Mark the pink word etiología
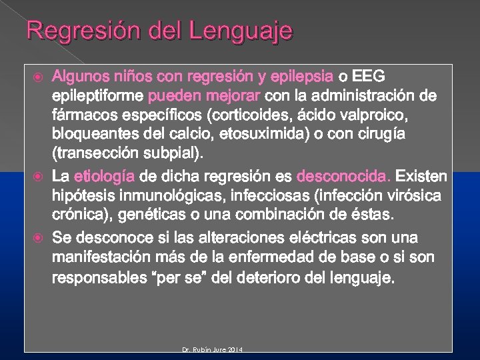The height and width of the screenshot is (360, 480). pyautogui.click(x=104, y=177)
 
